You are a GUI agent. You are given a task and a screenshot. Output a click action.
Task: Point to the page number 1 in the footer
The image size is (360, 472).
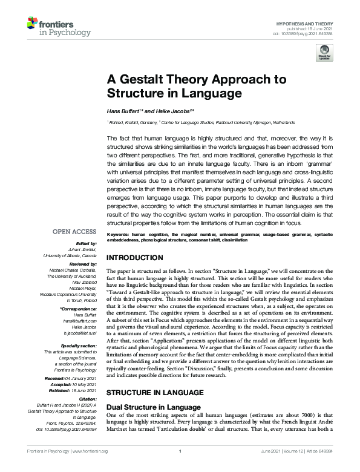180,467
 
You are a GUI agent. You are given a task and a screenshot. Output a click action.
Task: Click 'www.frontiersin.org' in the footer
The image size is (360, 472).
90,467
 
